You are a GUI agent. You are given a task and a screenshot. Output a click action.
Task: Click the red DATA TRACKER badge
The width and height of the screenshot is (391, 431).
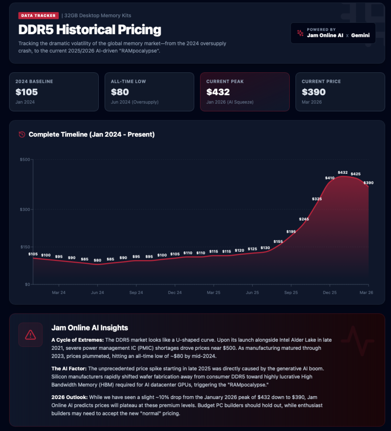pyautogui.click(x=37, y=16)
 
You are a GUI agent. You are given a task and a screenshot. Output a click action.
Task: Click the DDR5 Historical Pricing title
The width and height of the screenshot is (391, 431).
pyautogui.click(x=90, y=30)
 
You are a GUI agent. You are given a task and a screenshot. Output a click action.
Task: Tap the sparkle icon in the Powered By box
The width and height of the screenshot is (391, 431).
pyautogui.click(x=300, y=33)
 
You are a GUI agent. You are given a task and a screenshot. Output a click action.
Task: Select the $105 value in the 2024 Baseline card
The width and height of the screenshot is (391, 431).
pyautogui.click(x=26, y=92)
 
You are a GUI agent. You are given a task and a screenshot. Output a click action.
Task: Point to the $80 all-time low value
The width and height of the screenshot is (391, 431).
pyautogui.click(x=120, y=92)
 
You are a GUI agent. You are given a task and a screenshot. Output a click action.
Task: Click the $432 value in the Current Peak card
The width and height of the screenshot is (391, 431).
pyautogui.click(x=218, y=92)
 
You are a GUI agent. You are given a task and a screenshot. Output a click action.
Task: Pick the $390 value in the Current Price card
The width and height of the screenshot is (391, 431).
pyautogui.click(x=314, y=92)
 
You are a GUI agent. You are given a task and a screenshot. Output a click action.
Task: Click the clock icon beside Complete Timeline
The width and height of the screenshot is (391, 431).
pyautogui.click(x=22, y=135)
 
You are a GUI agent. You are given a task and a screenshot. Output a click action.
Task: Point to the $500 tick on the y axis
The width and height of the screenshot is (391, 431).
pyautogui.click(x=24, y=160)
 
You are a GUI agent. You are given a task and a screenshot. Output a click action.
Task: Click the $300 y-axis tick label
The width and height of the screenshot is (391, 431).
pyautogui.click(x=24, y=210)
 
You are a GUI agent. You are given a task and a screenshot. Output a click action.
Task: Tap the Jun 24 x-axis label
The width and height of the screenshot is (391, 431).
pyautogui.click(x=98, y=292)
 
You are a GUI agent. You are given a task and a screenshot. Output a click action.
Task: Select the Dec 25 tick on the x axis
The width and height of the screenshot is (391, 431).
pyautogui.click(x=330, y=292)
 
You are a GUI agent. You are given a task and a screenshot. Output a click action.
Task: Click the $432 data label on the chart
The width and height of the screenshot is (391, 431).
pyautogui.click(x=343, y=173)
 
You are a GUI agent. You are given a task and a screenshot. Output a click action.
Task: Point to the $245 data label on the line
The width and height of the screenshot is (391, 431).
pyautogui.click(x=304, y=219)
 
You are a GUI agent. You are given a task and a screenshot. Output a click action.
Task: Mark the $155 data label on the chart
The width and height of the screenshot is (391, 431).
pyautogui.click(x=278, y=242)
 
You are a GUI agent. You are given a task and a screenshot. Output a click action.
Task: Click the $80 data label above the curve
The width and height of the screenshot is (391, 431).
pyautogui.click(x=98, y=260)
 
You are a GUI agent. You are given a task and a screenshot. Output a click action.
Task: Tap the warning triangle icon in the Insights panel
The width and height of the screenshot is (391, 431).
pyautogui.click(x=30, y=335)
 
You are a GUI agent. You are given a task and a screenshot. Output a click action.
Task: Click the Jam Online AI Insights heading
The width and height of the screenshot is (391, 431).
pyautogui.click(x=90, y=327)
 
